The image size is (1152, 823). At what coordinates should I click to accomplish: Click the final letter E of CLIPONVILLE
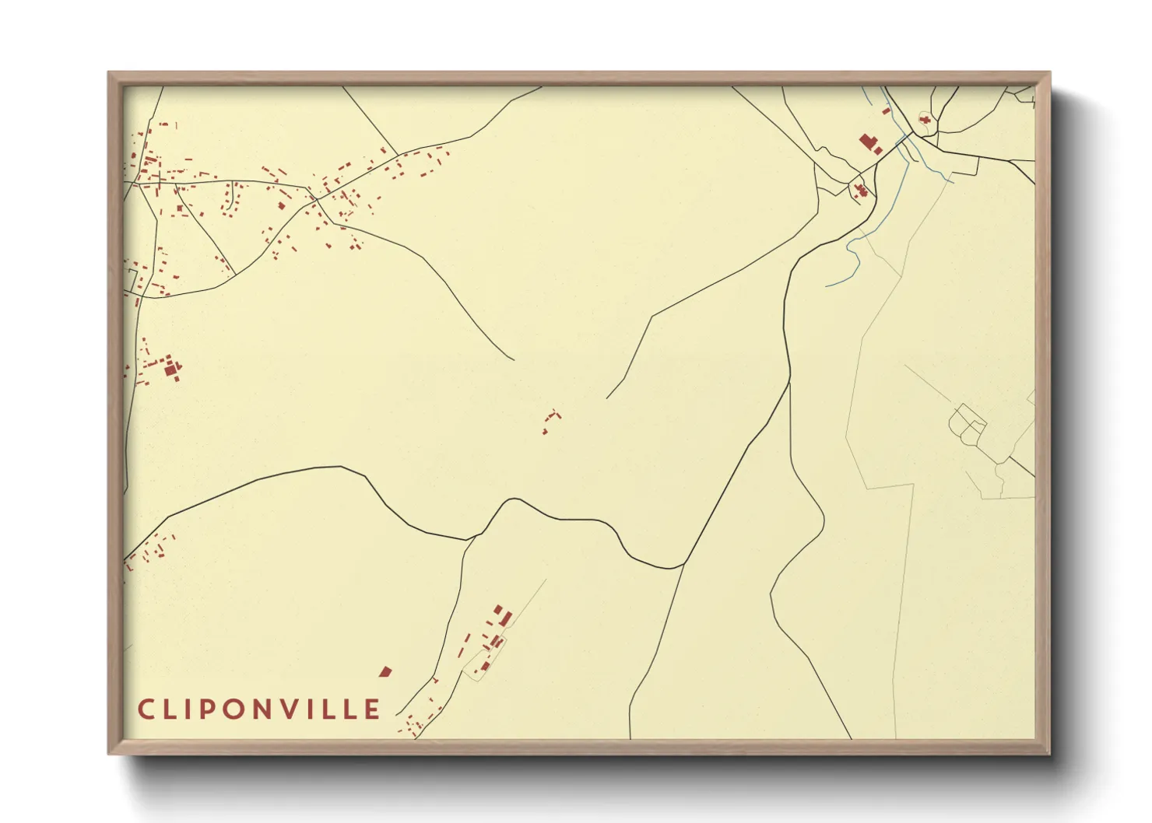tap(372, 709)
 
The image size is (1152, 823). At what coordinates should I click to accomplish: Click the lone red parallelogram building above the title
tap(385, 671)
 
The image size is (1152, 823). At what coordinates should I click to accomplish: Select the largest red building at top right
tap(869, 144)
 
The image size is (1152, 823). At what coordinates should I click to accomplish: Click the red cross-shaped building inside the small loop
tap(925, 120)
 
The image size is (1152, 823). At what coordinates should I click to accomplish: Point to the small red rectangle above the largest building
tap(885, 112)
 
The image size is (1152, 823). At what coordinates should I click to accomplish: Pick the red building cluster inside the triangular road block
tap(860, 190)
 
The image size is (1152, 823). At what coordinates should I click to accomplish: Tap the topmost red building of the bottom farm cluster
tap(498, 609)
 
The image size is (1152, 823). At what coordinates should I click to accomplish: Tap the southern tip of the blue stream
tap(827, 285)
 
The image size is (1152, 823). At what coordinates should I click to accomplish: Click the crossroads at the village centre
tap(315, 199)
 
